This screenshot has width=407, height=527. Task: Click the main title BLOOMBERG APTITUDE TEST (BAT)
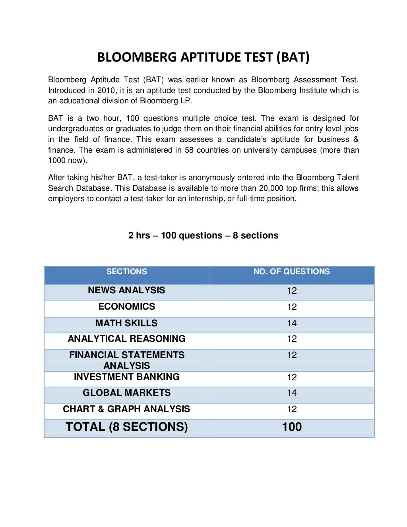[x=203, y=57]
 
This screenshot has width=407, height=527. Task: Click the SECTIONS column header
[x=126, y=271]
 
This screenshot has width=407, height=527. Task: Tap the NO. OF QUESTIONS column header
[x=291, y=271]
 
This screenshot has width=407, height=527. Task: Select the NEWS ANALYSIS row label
[x=126, y=290]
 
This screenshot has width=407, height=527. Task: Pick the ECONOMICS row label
[x=126, y=306]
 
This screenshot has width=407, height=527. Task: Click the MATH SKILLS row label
[x=126, y=323]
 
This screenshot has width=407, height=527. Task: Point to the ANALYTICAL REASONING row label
[x=126, y=339]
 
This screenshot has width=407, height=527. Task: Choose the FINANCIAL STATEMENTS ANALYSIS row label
[x=126, y=360]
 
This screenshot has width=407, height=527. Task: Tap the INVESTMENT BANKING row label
[x=126, y=377]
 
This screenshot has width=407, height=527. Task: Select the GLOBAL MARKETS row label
[x=126, y=393]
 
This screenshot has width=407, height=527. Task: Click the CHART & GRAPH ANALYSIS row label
[x=126, y=409]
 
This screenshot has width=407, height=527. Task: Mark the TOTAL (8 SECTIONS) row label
[x=126, y=427]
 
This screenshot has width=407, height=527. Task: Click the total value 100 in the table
[x=292, y=427]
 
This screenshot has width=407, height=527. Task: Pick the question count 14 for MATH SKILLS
[x=292, y=323]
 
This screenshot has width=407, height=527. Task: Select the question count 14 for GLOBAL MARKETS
[x=292, y=393]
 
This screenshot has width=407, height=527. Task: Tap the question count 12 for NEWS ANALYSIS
[x=292, y=291]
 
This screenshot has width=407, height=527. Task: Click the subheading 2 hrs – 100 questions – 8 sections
[x=203, y=235]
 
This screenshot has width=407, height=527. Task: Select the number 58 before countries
[x=189, y=150]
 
